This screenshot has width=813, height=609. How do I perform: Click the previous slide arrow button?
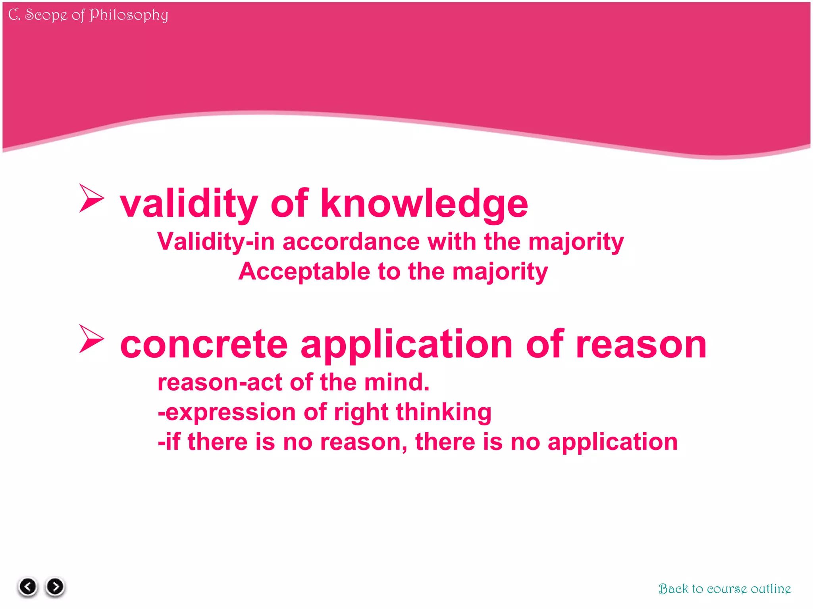tap(28, 586)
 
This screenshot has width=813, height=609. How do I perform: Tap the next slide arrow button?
tap(55, 586)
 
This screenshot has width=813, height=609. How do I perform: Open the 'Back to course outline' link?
tap(724, 589)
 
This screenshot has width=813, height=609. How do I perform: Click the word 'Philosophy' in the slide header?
tap(129, 15)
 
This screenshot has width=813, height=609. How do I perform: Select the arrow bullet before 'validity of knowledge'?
tap(91, 198)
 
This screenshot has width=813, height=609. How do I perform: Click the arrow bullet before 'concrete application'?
tap(91, 339)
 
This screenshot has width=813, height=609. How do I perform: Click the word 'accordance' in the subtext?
tap(351, 241)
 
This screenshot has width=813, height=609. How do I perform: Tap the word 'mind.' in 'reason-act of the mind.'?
tap(397, 382)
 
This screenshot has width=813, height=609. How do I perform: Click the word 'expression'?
tap(230, 412)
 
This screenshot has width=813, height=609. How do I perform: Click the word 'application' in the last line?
tap(612, 442)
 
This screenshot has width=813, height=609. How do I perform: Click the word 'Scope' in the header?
tap(46, 15)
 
